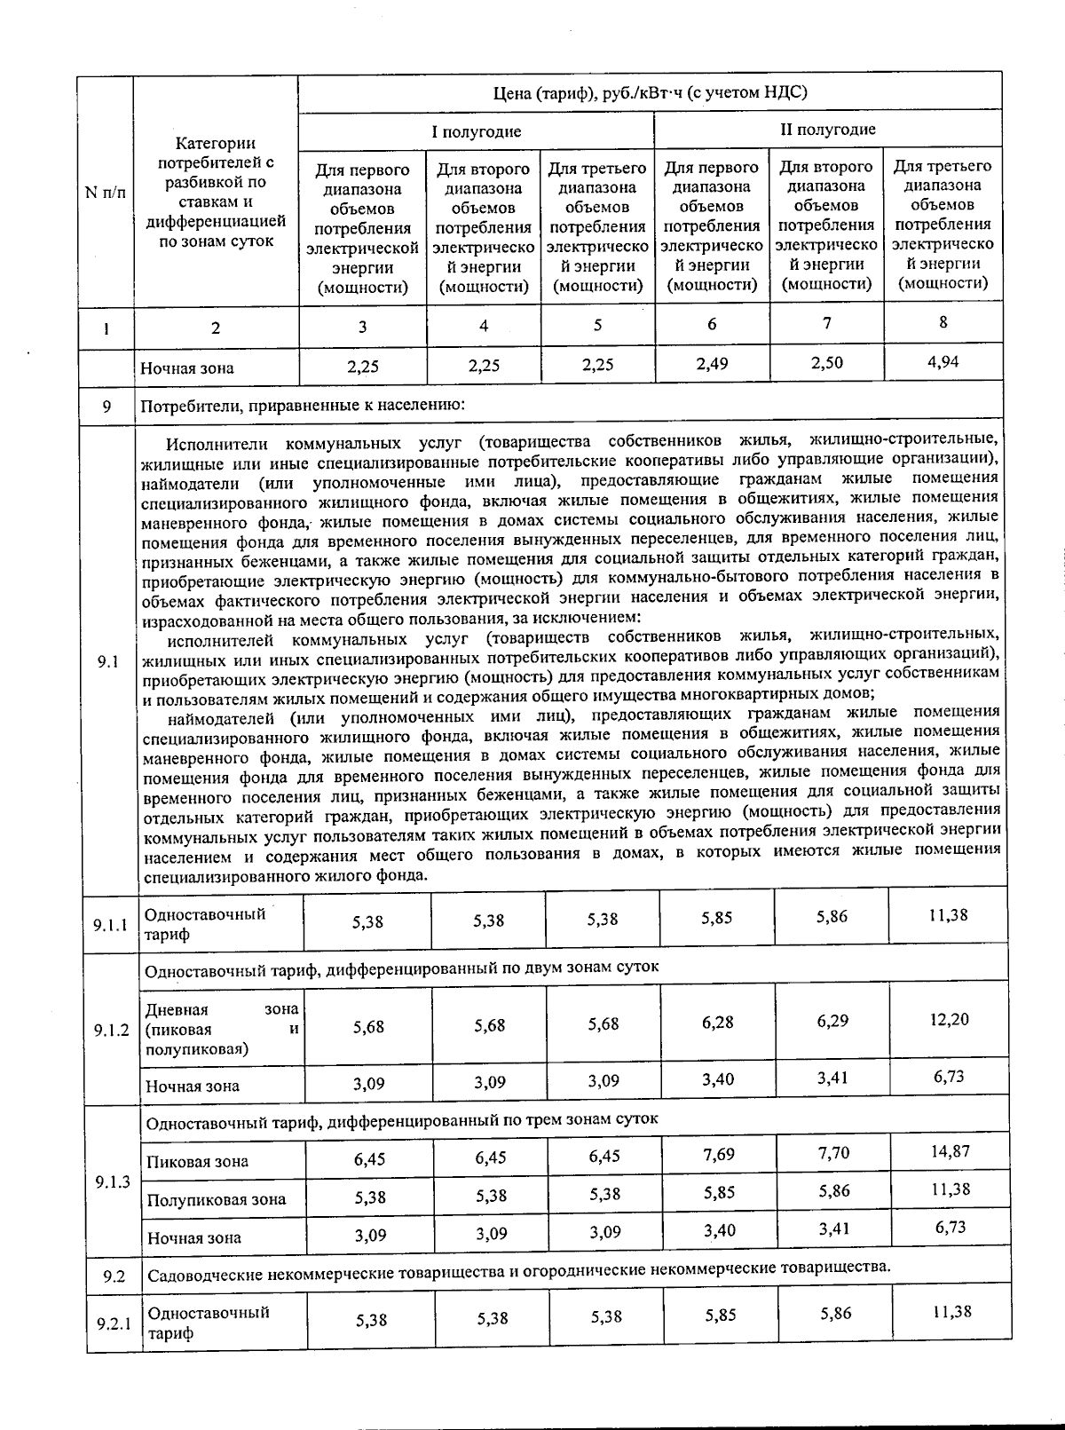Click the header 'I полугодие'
click(476, 131)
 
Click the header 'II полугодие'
click(827, 130)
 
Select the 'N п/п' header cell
click(105, 193)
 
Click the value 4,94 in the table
click(943, 361)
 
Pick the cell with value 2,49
click(712, 362)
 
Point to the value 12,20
click(949, 1019)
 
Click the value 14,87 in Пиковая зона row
click(949, 1151)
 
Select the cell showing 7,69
click(718, 1154)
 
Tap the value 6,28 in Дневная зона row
click(717, 1023)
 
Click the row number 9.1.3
click(113, 1181)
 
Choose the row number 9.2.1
click(114, 1323)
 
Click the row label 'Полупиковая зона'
click(217, 1199)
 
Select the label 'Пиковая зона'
click(197, 1161)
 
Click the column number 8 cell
click(943, 322)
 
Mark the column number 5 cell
click(597, 325)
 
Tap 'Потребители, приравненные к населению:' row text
click(301, 407)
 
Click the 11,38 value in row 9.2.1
click(950, 1311)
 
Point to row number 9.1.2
click(112, 1031)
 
